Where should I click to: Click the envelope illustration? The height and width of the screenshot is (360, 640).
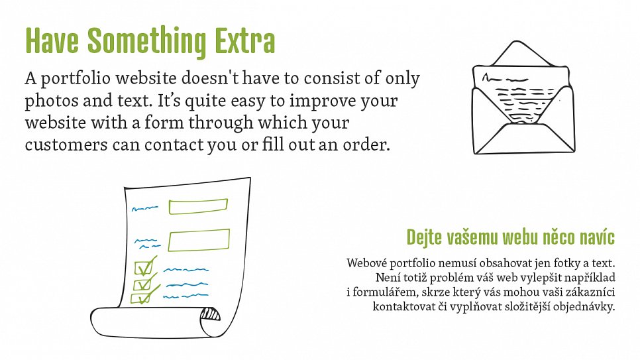(x=523, y=98)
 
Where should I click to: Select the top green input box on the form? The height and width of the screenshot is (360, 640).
(x=198, y=206)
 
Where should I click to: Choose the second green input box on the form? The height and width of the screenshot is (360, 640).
(x=199, y=240)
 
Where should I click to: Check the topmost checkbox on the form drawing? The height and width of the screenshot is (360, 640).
(x=144, y=268)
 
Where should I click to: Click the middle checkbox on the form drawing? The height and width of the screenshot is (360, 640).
(x=143, y=283)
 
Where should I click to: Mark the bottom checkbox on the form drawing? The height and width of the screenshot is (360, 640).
(x=141, y=298)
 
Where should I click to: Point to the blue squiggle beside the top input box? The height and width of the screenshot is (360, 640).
(x=144, y=209)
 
